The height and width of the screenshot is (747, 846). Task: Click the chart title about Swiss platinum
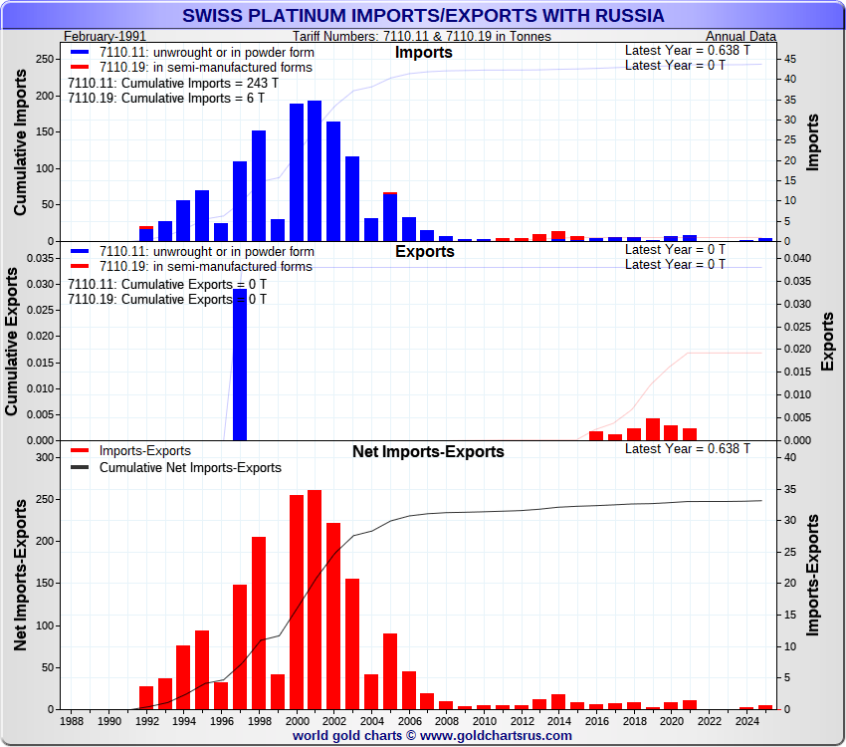(423, 16)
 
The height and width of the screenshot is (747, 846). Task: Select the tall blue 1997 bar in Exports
(240, 365)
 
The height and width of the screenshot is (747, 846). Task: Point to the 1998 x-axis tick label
(259, 720)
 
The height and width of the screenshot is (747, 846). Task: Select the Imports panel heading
(423, 53)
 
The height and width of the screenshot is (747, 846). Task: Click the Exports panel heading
(424, 252)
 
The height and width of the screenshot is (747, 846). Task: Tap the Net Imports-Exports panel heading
(428, 452)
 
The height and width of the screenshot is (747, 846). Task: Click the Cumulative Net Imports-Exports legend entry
(190, 467)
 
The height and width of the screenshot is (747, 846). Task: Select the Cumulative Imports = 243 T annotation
(165, 84)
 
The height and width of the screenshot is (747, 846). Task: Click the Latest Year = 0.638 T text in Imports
(688, 51)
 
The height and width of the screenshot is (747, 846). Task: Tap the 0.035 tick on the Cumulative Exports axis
(38, 258)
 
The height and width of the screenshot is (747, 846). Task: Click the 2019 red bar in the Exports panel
(652, 429)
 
